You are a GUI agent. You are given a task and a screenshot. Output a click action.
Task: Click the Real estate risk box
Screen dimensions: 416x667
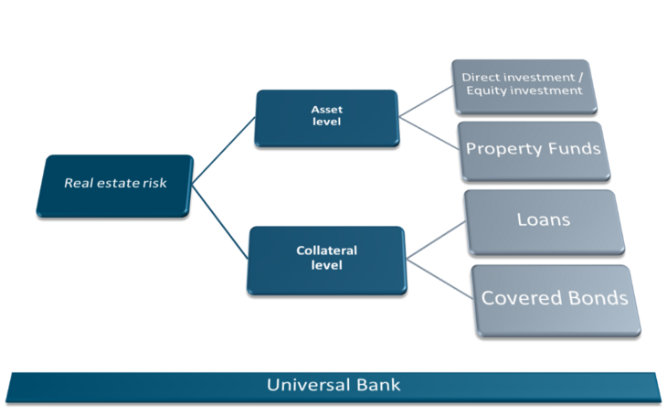pos(114,184)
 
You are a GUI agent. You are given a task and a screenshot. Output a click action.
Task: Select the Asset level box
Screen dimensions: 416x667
pos(326,116)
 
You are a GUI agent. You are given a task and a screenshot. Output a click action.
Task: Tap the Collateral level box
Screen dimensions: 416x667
pos(326,258)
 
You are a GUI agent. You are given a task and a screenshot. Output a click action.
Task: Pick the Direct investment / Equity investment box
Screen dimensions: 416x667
pos(521,84)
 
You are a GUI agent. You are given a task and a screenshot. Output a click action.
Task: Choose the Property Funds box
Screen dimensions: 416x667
pos(534,148)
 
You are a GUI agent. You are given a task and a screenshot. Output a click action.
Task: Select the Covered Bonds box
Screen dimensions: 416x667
pos(555,298)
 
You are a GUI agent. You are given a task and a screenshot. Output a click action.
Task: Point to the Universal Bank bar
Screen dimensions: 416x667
pos(333,385)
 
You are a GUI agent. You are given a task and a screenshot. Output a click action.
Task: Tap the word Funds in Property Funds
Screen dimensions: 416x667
pos(571,148)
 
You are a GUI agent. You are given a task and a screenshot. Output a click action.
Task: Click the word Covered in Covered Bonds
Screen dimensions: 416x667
pos(519,298)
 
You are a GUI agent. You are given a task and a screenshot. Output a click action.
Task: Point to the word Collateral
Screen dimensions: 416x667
pos(326,250)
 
